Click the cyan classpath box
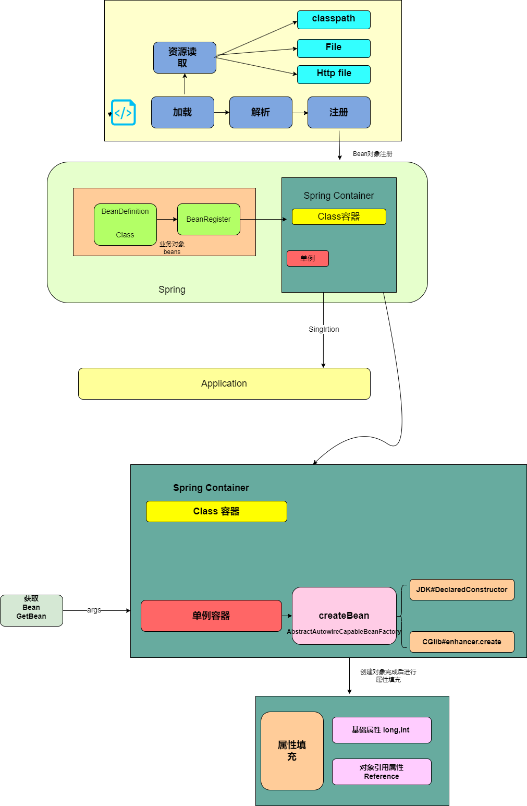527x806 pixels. (x=334, y=19)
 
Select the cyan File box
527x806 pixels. (x=334, y=48)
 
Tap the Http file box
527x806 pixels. (x=334, y=74)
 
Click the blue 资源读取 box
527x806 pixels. (x=185, y=57)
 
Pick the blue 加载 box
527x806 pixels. (x=182, y=112)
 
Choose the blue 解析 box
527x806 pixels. (x=261, y=112)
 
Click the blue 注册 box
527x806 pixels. (x=339, y=112)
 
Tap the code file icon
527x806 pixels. (x=124, y=113)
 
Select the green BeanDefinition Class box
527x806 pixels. (x=125, y=224)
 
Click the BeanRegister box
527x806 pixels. (x=209, y=219)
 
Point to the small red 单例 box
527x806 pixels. (x=308, y=258)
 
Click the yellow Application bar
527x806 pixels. (x=224, y=383)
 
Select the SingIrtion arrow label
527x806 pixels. (x=324, y=329)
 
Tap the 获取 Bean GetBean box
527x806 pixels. (x=31, y=610)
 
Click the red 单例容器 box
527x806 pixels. (x=211, y=616)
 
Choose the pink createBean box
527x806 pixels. (x=344, y=616)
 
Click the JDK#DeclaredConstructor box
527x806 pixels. (x=462, y=590)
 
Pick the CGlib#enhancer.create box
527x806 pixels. (x=462, y=642)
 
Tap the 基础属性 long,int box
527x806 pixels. (x=382, y=730)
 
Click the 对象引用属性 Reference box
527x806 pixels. (x=382, y=772)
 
